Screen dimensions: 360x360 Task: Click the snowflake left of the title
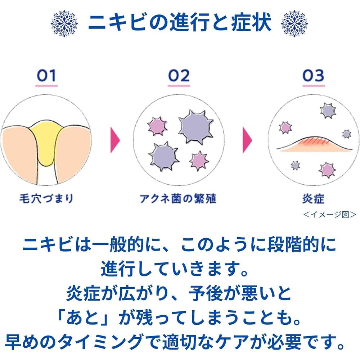point(64,23)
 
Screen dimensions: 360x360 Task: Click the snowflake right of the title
point(294,23)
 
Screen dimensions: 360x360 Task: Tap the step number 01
point(46,76)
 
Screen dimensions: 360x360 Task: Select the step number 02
point(179,76)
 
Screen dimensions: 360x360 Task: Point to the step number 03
point(314,76)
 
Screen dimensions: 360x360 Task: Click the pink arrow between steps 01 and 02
point(115,140)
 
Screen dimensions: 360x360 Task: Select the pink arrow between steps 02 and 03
point(247,140)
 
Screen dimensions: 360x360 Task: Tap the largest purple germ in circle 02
point(196,127)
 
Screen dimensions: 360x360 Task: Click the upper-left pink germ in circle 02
point(157,126)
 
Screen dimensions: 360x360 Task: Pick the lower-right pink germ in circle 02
point(199,161)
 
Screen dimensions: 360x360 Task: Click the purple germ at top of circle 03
point(328,111)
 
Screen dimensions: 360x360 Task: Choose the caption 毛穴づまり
point(46,199)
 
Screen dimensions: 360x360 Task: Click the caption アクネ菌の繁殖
point(178,199)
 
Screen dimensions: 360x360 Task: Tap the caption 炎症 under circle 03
point(314,199)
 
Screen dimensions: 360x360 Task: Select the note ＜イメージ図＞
point(330,215)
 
